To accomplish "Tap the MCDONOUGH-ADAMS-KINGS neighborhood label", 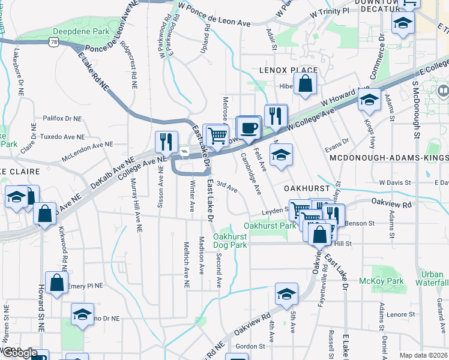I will coord(388,157).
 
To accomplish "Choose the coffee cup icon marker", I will coord(249,127).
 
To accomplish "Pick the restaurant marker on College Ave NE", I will coord(166,142).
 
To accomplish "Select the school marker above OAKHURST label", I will coord(280,155).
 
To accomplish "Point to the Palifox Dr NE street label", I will coord(61,119).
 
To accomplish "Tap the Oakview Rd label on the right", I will coord(391,203).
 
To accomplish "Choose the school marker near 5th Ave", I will coord(287,295).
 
